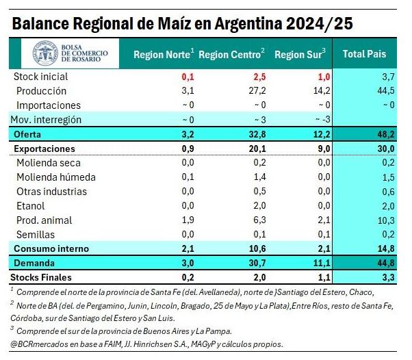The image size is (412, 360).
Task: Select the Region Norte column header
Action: (x=164, y=54)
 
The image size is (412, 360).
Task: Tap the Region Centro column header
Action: (x=232, y=54)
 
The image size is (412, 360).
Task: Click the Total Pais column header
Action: (x=364, y=53)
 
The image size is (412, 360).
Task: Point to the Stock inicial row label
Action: (x=41, y=76)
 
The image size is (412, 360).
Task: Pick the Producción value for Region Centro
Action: (x=255, y=90)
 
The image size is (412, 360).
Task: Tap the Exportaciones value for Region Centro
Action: (x=254, y=148)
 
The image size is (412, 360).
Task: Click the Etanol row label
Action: (x=31, y=205)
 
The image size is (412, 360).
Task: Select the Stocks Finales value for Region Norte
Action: (x=187, y=277)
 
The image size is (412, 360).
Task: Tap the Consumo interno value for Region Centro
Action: (x=254, y=248)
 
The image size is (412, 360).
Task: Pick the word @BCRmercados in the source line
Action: (x=36, y=344)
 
